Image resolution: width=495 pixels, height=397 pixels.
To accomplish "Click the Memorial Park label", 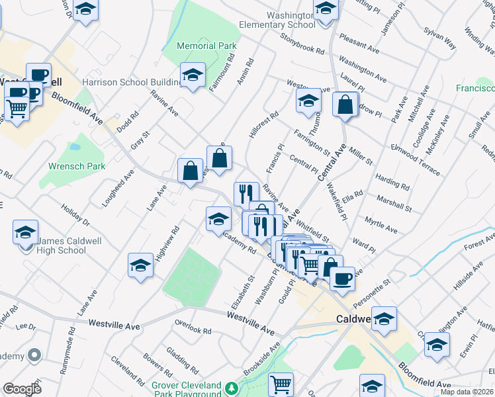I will click(207, 46).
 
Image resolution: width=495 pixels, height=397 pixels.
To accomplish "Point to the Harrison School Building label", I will click(131, 82).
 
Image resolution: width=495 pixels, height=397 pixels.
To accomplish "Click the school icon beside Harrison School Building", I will click(193, 75).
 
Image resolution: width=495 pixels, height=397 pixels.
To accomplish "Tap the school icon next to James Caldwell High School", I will click(25, 232).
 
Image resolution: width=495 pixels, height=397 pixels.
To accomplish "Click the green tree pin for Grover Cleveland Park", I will click(232, 387).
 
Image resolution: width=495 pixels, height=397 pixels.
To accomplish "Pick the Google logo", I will click(22, 388).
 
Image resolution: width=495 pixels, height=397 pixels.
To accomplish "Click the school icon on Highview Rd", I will click(140, 265).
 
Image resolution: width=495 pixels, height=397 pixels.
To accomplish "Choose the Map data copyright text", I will click(467, 392).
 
